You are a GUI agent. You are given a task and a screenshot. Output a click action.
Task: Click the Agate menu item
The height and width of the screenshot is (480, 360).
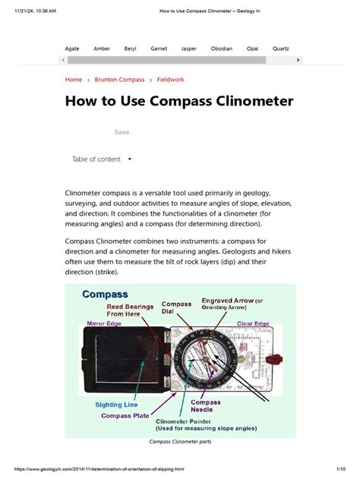coord(72,49)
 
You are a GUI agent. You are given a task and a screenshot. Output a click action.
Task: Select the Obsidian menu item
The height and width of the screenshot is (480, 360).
coord(221,49)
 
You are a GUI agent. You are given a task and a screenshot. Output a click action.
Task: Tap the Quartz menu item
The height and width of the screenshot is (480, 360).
coord(281,49)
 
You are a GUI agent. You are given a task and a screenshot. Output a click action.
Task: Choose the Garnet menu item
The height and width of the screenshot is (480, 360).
coord(159,49)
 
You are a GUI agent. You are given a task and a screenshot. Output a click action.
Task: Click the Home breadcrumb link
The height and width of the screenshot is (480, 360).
coord(74,80)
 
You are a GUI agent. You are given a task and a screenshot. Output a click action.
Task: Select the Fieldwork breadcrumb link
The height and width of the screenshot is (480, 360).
coord(170,80)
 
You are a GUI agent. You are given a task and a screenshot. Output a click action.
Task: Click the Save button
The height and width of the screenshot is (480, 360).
coord(122,132)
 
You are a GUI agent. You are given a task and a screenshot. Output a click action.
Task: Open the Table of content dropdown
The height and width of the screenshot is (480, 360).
coord(102,159)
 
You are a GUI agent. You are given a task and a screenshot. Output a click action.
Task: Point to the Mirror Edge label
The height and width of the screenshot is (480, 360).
coord(106,324)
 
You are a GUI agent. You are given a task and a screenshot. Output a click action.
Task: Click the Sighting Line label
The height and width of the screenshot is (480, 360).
coord(115,404)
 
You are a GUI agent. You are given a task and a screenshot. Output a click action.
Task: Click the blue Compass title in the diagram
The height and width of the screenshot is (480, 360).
coord(105,295)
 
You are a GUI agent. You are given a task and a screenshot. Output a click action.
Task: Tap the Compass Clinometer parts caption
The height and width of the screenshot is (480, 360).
coord(180,442)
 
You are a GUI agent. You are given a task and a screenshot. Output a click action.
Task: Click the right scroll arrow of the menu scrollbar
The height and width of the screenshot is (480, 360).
coord(298,59)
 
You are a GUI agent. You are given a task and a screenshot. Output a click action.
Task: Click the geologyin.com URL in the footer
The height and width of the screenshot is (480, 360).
coord(99,469)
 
